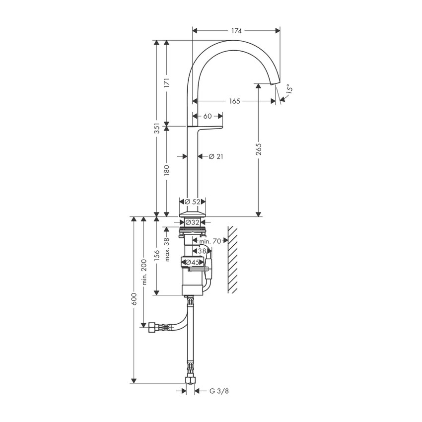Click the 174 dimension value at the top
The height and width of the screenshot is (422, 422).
point(236,31)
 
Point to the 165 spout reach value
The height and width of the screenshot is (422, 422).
point(235,101)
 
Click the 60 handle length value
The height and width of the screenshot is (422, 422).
point(207,116)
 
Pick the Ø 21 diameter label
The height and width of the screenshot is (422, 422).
point(216,156)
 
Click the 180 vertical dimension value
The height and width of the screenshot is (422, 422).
point(167,170)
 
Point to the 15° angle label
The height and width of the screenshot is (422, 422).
point(289,90)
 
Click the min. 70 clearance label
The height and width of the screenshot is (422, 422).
point(210,241)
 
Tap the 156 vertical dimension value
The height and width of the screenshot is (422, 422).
point(157,255)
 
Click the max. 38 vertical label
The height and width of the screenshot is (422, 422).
point(167,249)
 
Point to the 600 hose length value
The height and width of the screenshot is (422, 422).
point(133,298)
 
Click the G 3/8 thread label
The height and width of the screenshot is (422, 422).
point(219,391)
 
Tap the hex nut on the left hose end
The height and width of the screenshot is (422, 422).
point(150,328)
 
